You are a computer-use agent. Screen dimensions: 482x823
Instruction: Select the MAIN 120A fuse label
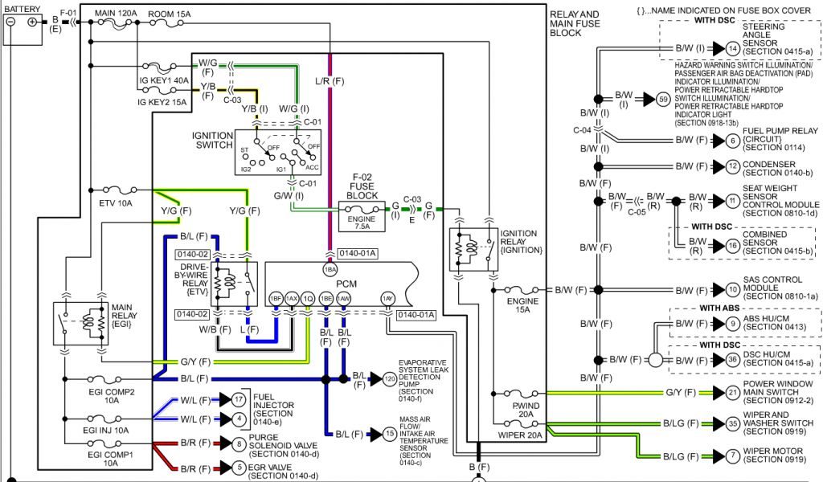[117, 14]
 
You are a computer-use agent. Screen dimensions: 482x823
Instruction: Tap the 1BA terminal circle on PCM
[330, 270]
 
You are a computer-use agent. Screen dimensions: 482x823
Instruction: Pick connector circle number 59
[663, 100]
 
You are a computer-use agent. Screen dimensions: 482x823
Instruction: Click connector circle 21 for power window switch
[731, 393]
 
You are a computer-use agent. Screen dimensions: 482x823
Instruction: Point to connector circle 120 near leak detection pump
[390, 378]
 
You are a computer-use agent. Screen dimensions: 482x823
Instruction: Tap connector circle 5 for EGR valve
[239, 467]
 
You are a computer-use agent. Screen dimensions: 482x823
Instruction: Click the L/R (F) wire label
[330, 81]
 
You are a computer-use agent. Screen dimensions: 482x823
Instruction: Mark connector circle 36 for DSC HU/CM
[731, 360]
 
